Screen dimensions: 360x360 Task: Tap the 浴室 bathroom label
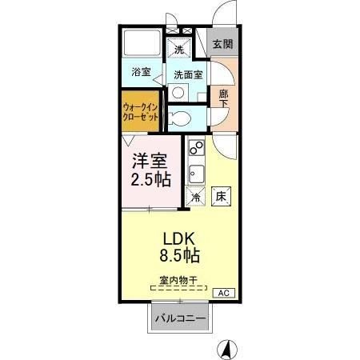point(142,72)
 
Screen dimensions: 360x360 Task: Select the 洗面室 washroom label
point(188,74)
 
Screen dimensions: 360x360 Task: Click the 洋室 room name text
point(150,160)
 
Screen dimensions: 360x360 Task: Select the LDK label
point(180,239)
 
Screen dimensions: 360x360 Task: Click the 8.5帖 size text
point(182,257)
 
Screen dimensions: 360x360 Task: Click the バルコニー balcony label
point(180,319)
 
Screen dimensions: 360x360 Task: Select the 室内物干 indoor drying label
point(178,280)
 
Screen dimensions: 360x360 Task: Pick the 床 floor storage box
point(219,194)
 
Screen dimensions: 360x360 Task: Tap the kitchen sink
point(195,173)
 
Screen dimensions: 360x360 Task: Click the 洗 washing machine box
point(179,49)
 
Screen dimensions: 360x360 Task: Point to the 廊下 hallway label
point(224,97)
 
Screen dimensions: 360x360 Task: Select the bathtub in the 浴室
point(142,44)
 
